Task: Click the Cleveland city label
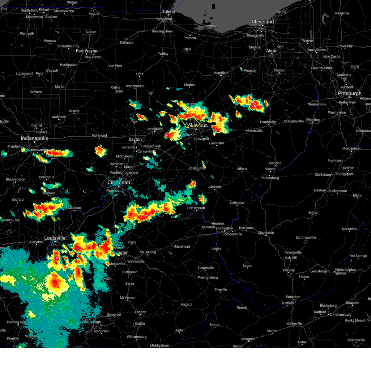(262, 22)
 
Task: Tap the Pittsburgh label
(349, 93)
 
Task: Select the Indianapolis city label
(34, 138)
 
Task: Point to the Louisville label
(55, 238)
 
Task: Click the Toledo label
(168, 12)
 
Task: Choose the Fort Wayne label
(87, 51)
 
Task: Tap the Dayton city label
(135, 139)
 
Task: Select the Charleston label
(266, 233)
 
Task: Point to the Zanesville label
(255, 131)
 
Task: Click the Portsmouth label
(196, 208)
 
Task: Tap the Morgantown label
(352, 149)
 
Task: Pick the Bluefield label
(287, 303)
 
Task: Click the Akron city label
(272, 51)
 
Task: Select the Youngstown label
(316, 50)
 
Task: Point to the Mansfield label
(221, 73)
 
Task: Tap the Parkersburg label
(270, 178)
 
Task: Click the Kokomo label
(36, 92)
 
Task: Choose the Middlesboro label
(160, 345)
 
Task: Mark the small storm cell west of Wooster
(241, 69)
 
